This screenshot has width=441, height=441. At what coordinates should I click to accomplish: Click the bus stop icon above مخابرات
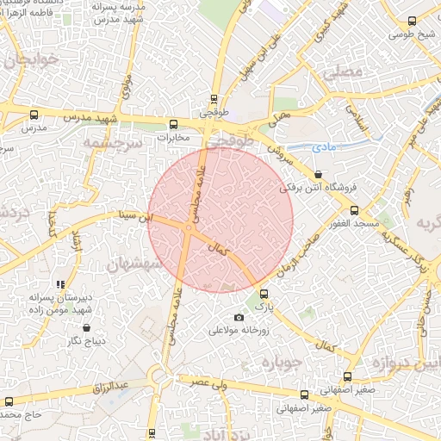click(174, 123)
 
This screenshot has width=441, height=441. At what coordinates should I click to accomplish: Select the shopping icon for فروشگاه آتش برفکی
click(318, 173)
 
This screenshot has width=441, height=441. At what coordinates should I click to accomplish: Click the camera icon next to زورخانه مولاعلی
click(239, 318)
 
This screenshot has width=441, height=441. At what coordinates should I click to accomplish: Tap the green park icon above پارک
click(264, 295)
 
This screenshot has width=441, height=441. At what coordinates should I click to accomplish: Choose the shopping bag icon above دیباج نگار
click(87, 327)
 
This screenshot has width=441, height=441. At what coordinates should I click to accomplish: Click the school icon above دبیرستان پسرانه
click(59, 283)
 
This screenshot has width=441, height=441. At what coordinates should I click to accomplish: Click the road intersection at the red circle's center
click(187, 227)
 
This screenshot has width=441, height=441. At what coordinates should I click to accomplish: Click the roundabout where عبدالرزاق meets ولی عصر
click(158, 375)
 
